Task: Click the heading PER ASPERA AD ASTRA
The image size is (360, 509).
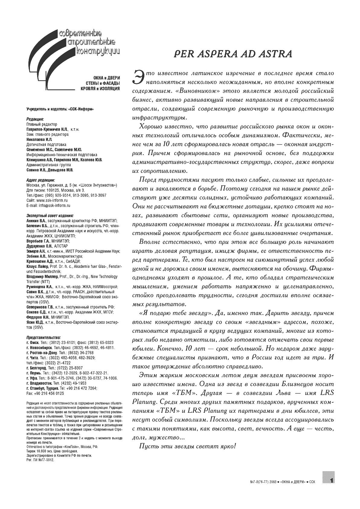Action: coord(233,54)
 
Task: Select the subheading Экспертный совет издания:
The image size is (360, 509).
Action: coord(50,216)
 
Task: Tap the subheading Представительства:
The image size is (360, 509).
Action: coord(43,337)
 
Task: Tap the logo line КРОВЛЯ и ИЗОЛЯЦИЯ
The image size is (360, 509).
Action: coord(100,88)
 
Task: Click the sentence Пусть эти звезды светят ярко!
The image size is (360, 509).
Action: coord(187,446)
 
